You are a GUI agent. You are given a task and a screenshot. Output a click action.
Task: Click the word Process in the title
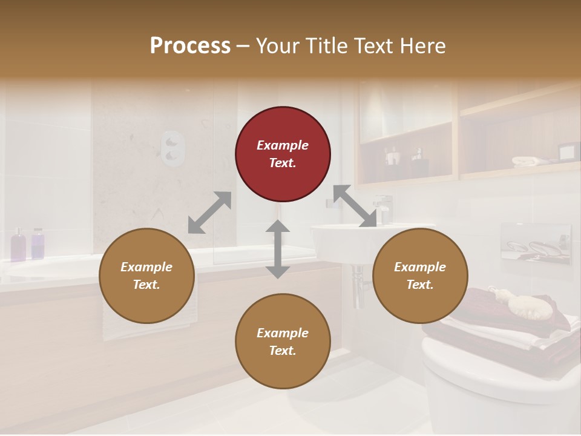pyautogui.click(x=190, y=46)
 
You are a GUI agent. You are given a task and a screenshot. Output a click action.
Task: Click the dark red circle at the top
pyautogui.click(x=283, y=154)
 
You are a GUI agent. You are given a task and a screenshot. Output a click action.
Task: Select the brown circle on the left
pyautogui.click(x=146, y=276)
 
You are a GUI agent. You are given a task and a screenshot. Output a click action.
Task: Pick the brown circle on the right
pyautogui.click(x=420, y=276)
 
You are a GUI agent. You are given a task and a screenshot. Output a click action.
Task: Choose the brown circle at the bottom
pyautogui.click(x=283, y=341)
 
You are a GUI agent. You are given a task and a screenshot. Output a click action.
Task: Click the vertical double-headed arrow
pyautogui.click(x=278, y=249)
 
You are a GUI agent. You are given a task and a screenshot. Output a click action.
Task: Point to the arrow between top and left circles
pyautogui.click(x=209, y=212)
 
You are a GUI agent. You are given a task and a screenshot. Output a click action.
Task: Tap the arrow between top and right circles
pyautogui.click(x=354, y=206)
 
